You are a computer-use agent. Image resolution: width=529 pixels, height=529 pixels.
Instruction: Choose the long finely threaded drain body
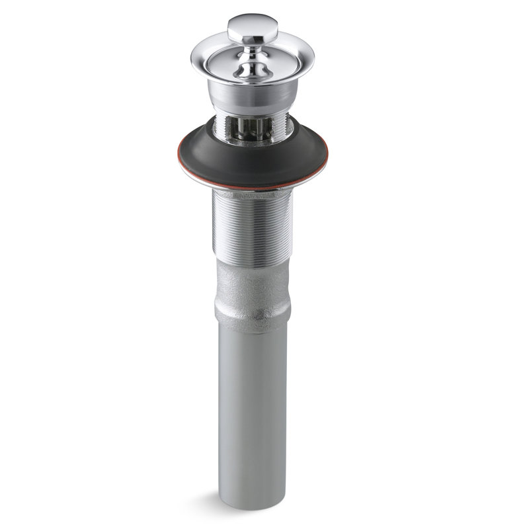249,225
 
